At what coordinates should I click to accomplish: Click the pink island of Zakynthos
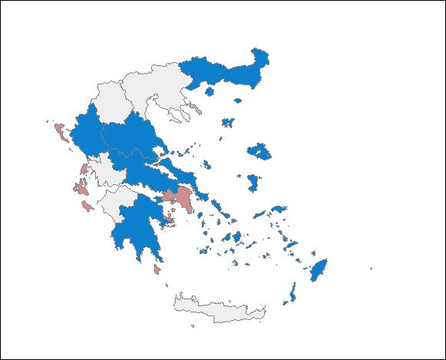pos(88,207)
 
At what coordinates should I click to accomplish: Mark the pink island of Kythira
pos(157,269)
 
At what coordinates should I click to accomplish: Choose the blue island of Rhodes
pos(318,269)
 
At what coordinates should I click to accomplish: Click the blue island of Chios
pos(253,183)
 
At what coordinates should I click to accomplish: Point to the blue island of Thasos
pos(209,91)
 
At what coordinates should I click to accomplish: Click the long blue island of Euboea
pos(188,173)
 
